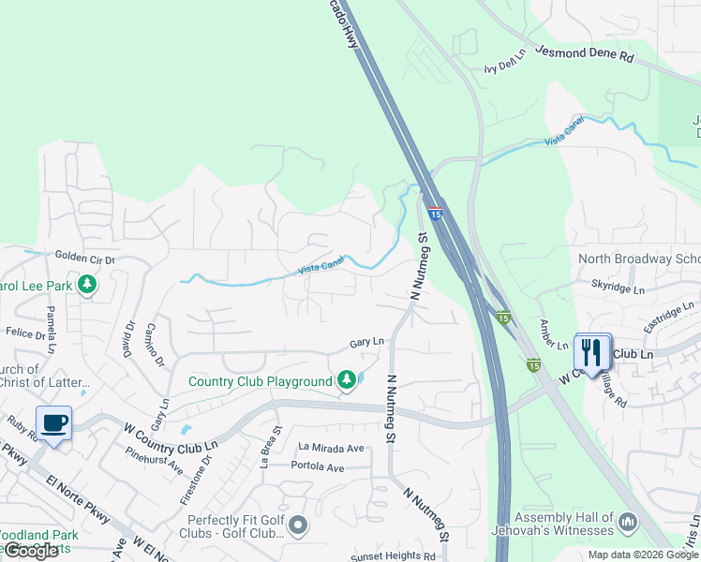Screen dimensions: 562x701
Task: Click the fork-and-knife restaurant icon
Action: pyautogui.click(x=591, y=353)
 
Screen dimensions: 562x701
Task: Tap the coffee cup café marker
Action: pyautogui.click(x=54, y=422)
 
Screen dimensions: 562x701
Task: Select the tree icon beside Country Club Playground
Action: pyautogui.click(x=347, y=379)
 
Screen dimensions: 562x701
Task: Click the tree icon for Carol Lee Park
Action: pyautogui.click(x=87, y=283)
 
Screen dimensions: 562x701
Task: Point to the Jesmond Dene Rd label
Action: pyautogui.click(x=585, y=53)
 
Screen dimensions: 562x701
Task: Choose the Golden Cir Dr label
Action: pyautogui.click(x=84, y=256)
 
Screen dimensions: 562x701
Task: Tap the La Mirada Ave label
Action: pyautogui.click(x=331, y=448)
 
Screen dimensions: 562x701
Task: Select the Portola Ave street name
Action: pyautogui.click(x=318, y=466)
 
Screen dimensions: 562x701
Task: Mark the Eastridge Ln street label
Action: pyautogui.click(x=668, y=313)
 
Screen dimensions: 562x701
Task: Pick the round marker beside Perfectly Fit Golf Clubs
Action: pyautogui.click(x=298, y=525)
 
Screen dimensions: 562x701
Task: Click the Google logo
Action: pyautogui.click(x=31, y=551)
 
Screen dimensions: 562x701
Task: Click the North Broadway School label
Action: pyautogui.click(x=639, y=259)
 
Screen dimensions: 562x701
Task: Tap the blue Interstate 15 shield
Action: pyautogui.click(x=435, y=214)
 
